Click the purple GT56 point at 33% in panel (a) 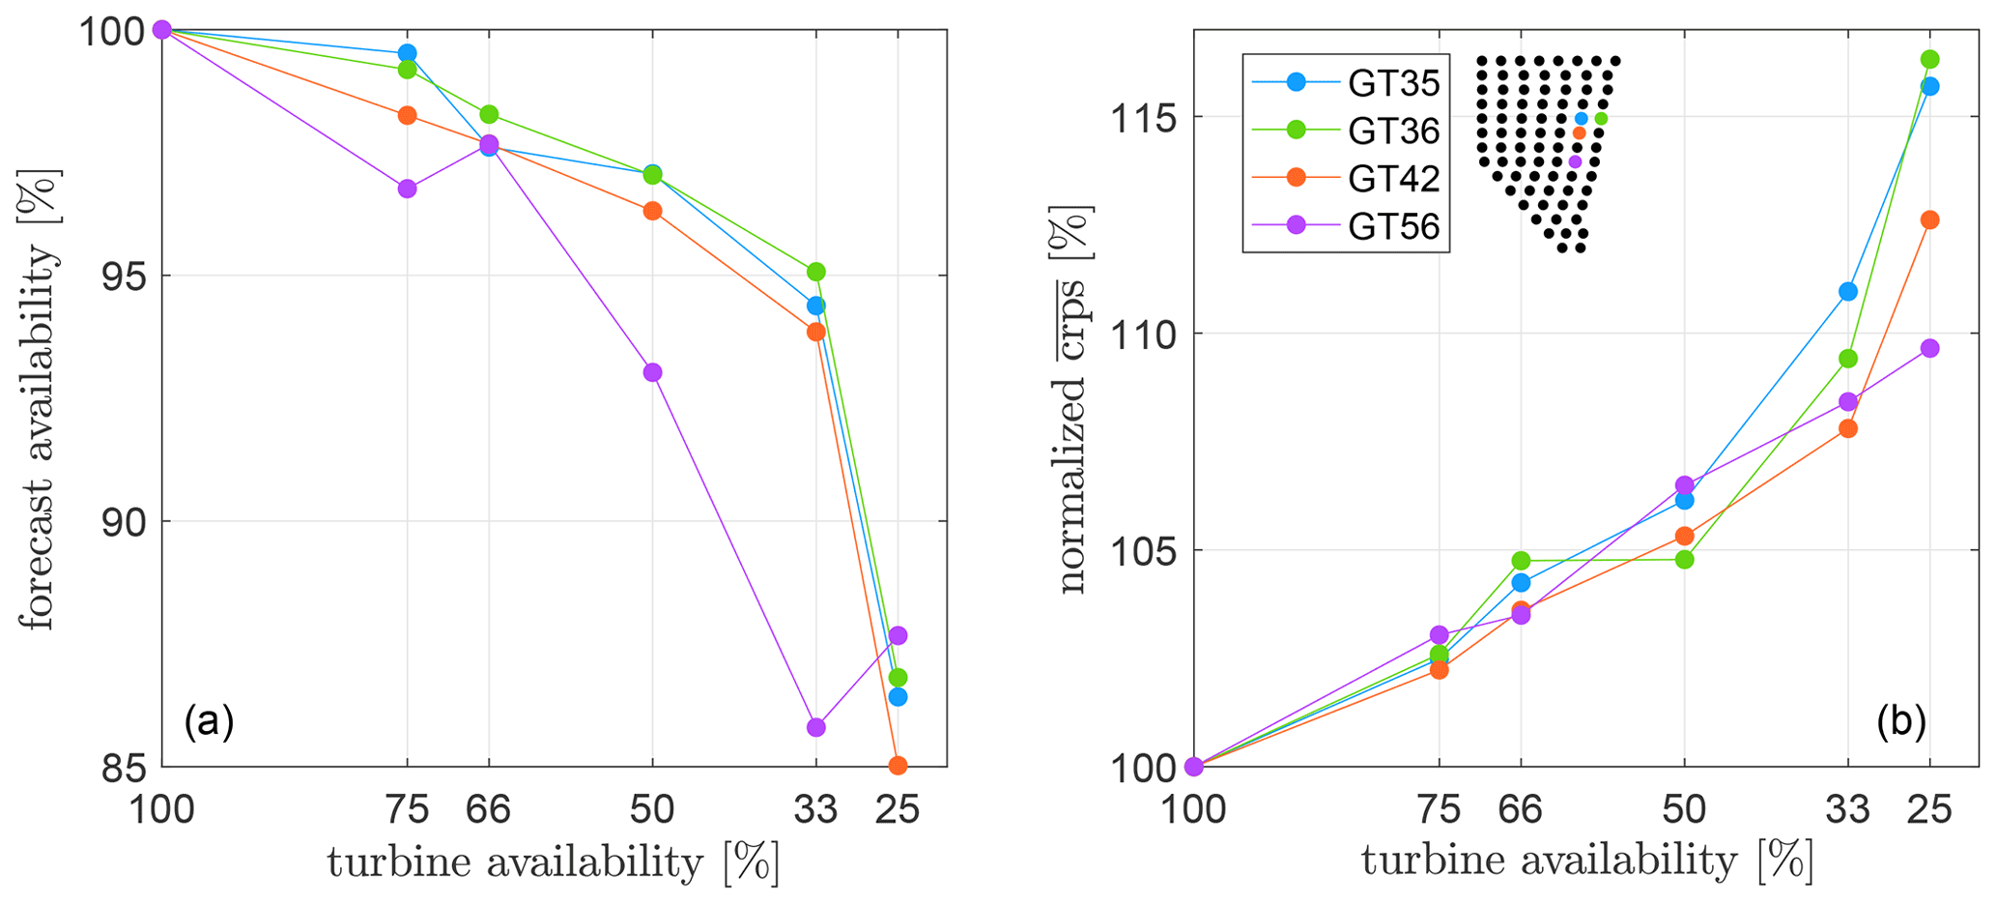pos(815,727)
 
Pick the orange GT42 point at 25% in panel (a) pos(898,766)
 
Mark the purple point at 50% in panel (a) pos(652,372)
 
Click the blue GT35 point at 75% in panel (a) pos(407,53)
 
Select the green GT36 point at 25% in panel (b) pos(1929,59)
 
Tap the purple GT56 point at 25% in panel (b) pos(1929,348)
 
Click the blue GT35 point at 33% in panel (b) pos(1848,291)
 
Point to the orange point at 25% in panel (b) pos(1929,219)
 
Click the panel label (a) pos(209,721)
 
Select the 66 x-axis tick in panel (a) pos(488,808)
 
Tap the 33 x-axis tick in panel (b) pos(1848,808)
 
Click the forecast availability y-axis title pos(39,398)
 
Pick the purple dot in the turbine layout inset pos(1575,161)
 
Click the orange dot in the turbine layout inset pos(1579,132)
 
